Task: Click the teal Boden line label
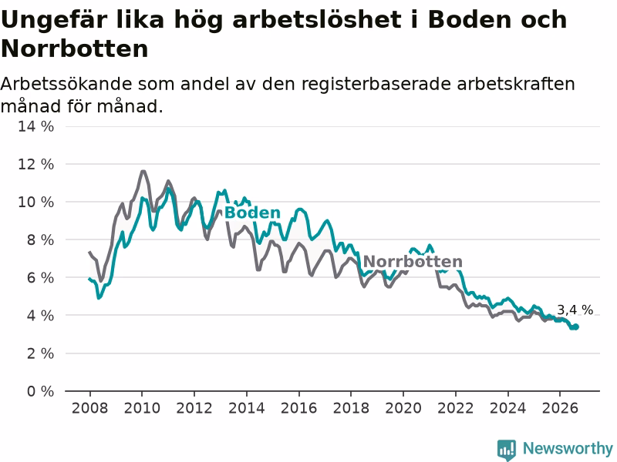coord(252,213)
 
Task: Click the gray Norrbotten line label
coord(413,262)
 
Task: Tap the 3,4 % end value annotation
coord(575,310)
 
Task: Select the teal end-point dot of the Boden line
coord(576,326)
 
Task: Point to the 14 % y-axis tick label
coord(35,126)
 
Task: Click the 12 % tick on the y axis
coord(35,164)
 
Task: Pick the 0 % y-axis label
coord(40,391)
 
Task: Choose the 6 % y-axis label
coord(40,278)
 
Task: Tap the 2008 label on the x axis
coord(89,408)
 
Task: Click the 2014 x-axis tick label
coord(247,408)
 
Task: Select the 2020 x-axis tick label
coord(403,408)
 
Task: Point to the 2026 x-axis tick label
coord(560,408)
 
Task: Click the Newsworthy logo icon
coord(507,450)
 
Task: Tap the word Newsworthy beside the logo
coord(568,448)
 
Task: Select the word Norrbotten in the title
coord(75,49)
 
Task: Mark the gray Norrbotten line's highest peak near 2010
coord(143,171)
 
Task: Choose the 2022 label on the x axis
coord(456,408)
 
